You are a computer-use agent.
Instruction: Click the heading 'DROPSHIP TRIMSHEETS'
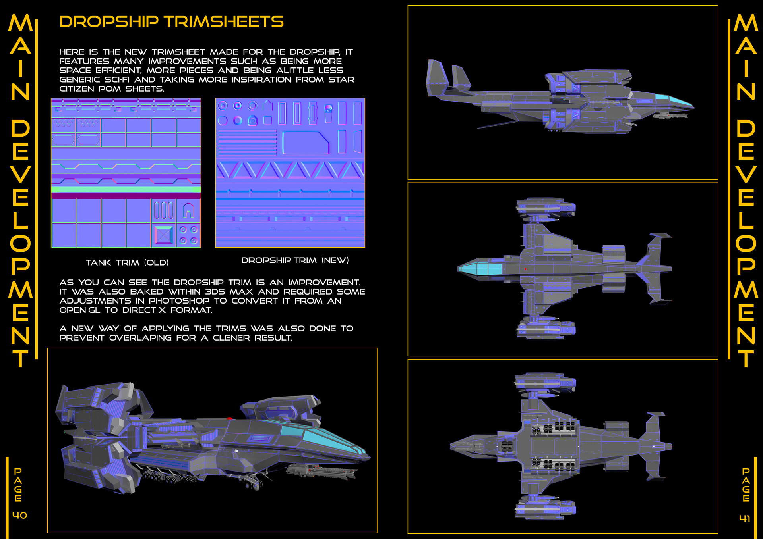click(x=171, y=22)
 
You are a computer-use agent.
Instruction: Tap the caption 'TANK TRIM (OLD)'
click(x=127, y=262)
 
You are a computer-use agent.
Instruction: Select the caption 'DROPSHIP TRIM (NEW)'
click(x=295, y=260)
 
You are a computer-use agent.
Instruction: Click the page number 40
click(x=19, y=515)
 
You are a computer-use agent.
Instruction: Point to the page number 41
click(x=745, y=518)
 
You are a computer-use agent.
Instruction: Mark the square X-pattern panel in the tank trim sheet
click(x=163, y=235)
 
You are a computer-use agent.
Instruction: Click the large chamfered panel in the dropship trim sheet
click(x=305, y=142)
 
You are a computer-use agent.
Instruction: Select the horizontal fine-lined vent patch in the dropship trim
click(x=248, y=142)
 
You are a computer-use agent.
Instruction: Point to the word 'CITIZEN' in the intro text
click(x=77, y=89)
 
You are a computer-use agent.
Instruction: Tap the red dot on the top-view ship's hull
click(x=525, y=269)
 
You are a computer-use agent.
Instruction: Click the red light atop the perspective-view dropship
click(x=229, y=418)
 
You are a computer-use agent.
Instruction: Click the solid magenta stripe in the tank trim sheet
click(x=126, y=196)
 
